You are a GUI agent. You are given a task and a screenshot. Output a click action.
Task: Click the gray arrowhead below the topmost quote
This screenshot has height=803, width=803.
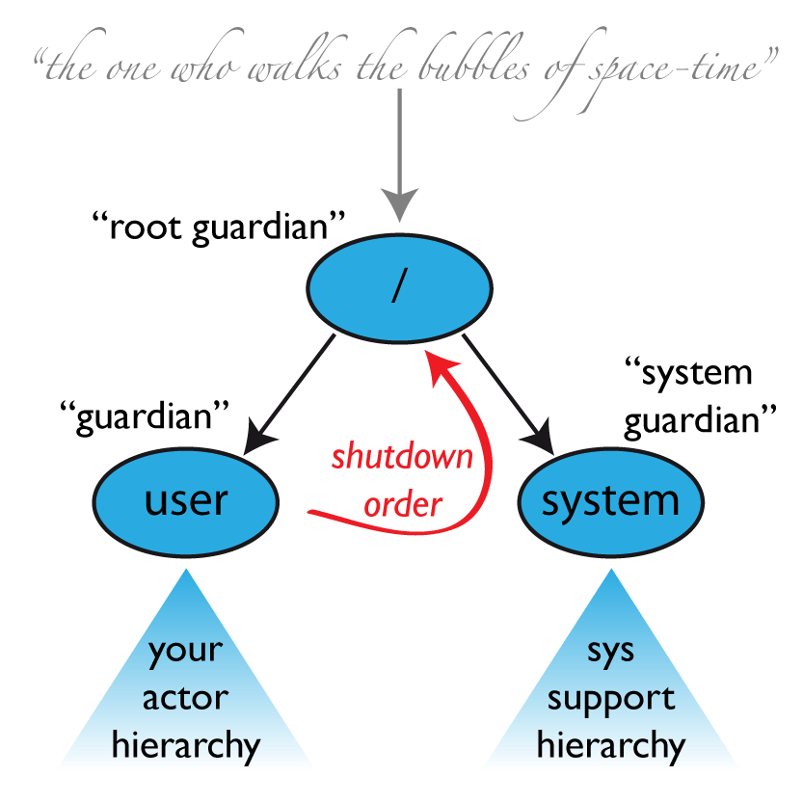click(x=399, y=203)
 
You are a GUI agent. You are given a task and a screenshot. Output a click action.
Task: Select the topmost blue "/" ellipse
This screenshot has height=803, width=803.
click(x=399, y=287)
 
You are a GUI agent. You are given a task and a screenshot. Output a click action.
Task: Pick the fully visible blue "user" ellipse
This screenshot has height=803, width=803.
click(x=186, y=501)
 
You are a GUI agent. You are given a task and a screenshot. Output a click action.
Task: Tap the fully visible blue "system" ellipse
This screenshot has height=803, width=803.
click(x=610, y=501)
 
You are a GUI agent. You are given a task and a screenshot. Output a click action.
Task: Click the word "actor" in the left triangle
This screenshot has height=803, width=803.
click(x=185, y=698)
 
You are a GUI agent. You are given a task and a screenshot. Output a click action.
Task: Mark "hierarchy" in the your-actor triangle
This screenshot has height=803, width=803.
click(x=186, y=745)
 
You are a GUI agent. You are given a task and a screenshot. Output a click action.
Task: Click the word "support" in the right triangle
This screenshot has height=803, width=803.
click(x=610, y=698)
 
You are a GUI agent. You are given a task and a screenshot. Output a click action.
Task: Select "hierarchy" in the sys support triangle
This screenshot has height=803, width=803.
click(x=610, y=745)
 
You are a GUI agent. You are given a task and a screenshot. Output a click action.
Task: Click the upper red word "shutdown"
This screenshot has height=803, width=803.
click(x=403, y=457)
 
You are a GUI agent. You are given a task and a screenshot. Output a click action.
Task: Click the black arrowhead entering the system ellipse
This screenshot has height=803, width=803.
click(x=541, y=441)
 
